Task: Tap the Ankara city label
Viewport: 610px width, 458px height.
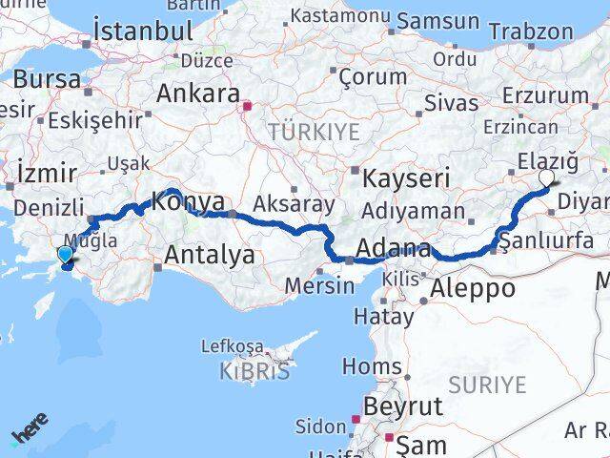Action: pos(197,94)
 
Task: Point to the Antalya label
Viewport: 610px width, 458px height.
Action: pos(210,255)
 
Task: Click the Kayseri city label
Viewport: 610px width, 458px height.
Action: pos(406,178)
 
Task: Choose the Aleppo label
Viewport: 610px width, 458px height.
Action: pos(474,289)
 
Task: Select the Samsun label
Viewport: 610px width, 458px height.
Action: pos(437,21)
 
